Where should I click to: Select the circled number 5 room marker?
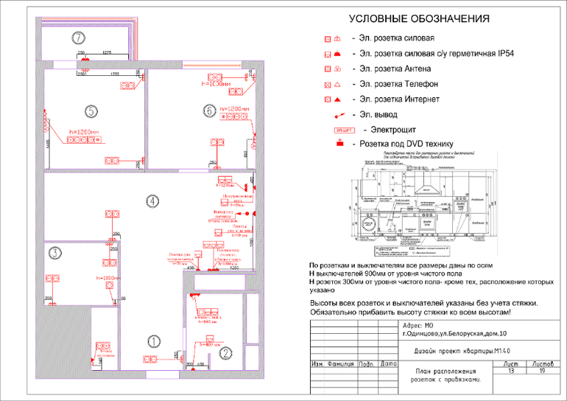pos(90,111)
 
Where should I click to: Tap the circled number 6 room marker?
pos(209,111)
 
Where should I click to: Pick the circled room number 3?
pos(54,252)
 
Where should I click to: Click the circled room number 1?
pos(153,341)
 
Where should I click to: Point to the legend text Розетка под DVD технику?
pos(406,144)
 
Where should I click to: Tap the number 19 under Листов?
pos(542,372)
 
